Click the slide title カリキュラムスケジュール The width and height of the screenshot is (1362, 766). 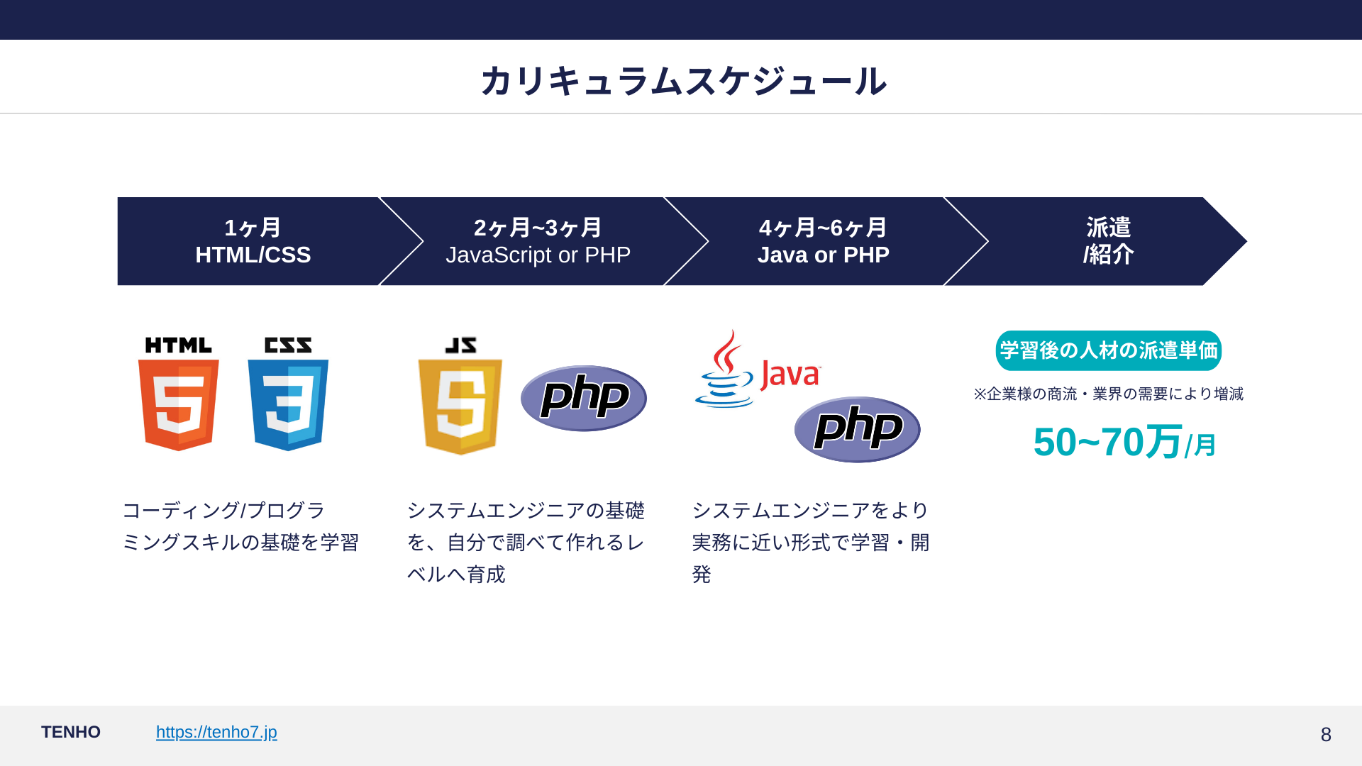coord(682,81)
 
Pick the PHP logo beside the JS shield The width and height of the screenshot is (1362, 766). coord(583,398)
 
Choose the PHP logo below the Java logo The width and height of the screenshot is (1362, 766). coord(857,429)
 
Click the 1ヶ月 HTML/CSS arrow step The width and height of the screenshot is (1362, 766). coord(253,241)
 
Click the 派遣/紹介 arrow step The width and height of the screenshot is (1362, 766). coord(1108,241)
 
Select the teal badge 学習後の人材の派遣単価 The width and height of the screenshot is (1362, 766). coord(1108,350)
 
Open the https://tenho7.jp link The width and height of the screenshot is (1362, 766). coord(216,732)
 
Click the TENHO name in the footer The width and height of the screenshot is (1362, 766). coord(71,732)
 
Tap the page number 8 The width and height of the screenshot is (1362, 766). coord(1325,734)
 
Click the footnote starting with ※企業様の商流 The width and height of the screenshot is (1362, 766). coord(1108,394)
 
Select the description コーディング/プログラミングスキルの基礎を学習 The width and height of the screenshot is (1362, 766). coord(240,526)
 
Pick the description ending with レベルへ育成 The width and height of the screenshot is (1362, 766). coord(526,542)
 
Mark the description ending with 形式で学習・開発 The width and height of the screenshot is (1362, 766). coord(810,542)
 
